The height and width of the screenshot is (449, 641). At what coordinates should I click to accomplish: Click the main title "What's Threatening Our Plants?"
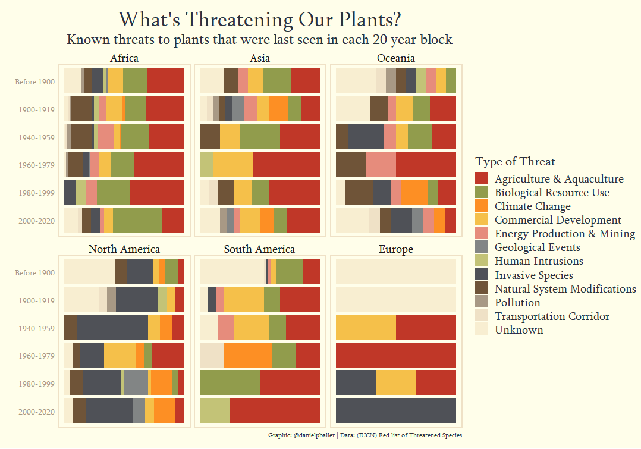click(x=259, y=20)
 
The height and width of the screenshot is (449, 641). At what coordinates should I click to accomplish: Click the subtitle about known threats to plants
click(x=259, y=40)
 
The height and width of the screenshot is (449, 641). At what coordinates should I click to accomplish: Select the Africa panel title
click(x=124, y=58)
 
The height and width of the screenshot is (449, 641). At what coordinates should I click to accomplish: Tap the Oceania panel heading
click(x=395, y=58)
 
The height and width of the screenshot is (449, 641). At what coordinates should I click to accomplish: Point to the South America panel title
click(x=259, y=249)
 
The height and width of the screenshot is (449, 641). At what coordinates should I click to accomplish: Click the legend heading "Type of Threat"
click(x=515, y=162)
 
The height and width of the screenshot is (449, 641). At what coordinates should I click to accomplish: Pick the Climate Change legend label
click(x=532, y=206)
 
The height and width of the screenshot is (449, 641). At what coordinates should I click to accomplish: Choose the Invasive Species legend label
click(x=533, y=275)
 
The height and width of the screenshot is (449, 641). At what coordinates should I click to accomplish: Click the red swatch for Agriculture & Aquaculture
click(x=482, y=179)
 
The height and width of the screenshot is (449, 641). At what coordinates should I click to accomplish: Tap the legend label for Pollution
click(x=517, y=303)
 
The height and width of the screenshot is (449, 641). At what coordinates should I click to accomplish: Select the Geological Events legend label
click(x=537, y=247)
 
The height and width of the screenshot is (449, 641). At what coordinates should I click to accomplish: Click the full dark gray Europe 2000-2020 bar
click(x=395, y=411)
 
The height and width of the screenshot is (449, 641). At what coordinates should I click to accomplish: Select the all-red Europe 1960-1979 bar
click(x=395, y=355)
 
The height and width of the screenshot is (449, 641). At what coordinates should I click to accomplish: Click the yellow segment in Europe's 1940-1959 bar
click(x=366, y=328)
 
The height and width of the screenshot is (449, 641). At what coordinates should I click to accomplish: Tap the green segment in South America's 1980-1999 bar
click(x=230, y=383)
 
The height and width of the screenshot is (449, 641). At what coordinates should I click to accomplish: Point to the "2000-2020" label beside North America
click(x=37, y=412)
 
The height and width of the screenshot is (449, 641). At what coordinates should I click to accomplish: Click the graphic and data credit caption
click(x=365, y=435)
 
